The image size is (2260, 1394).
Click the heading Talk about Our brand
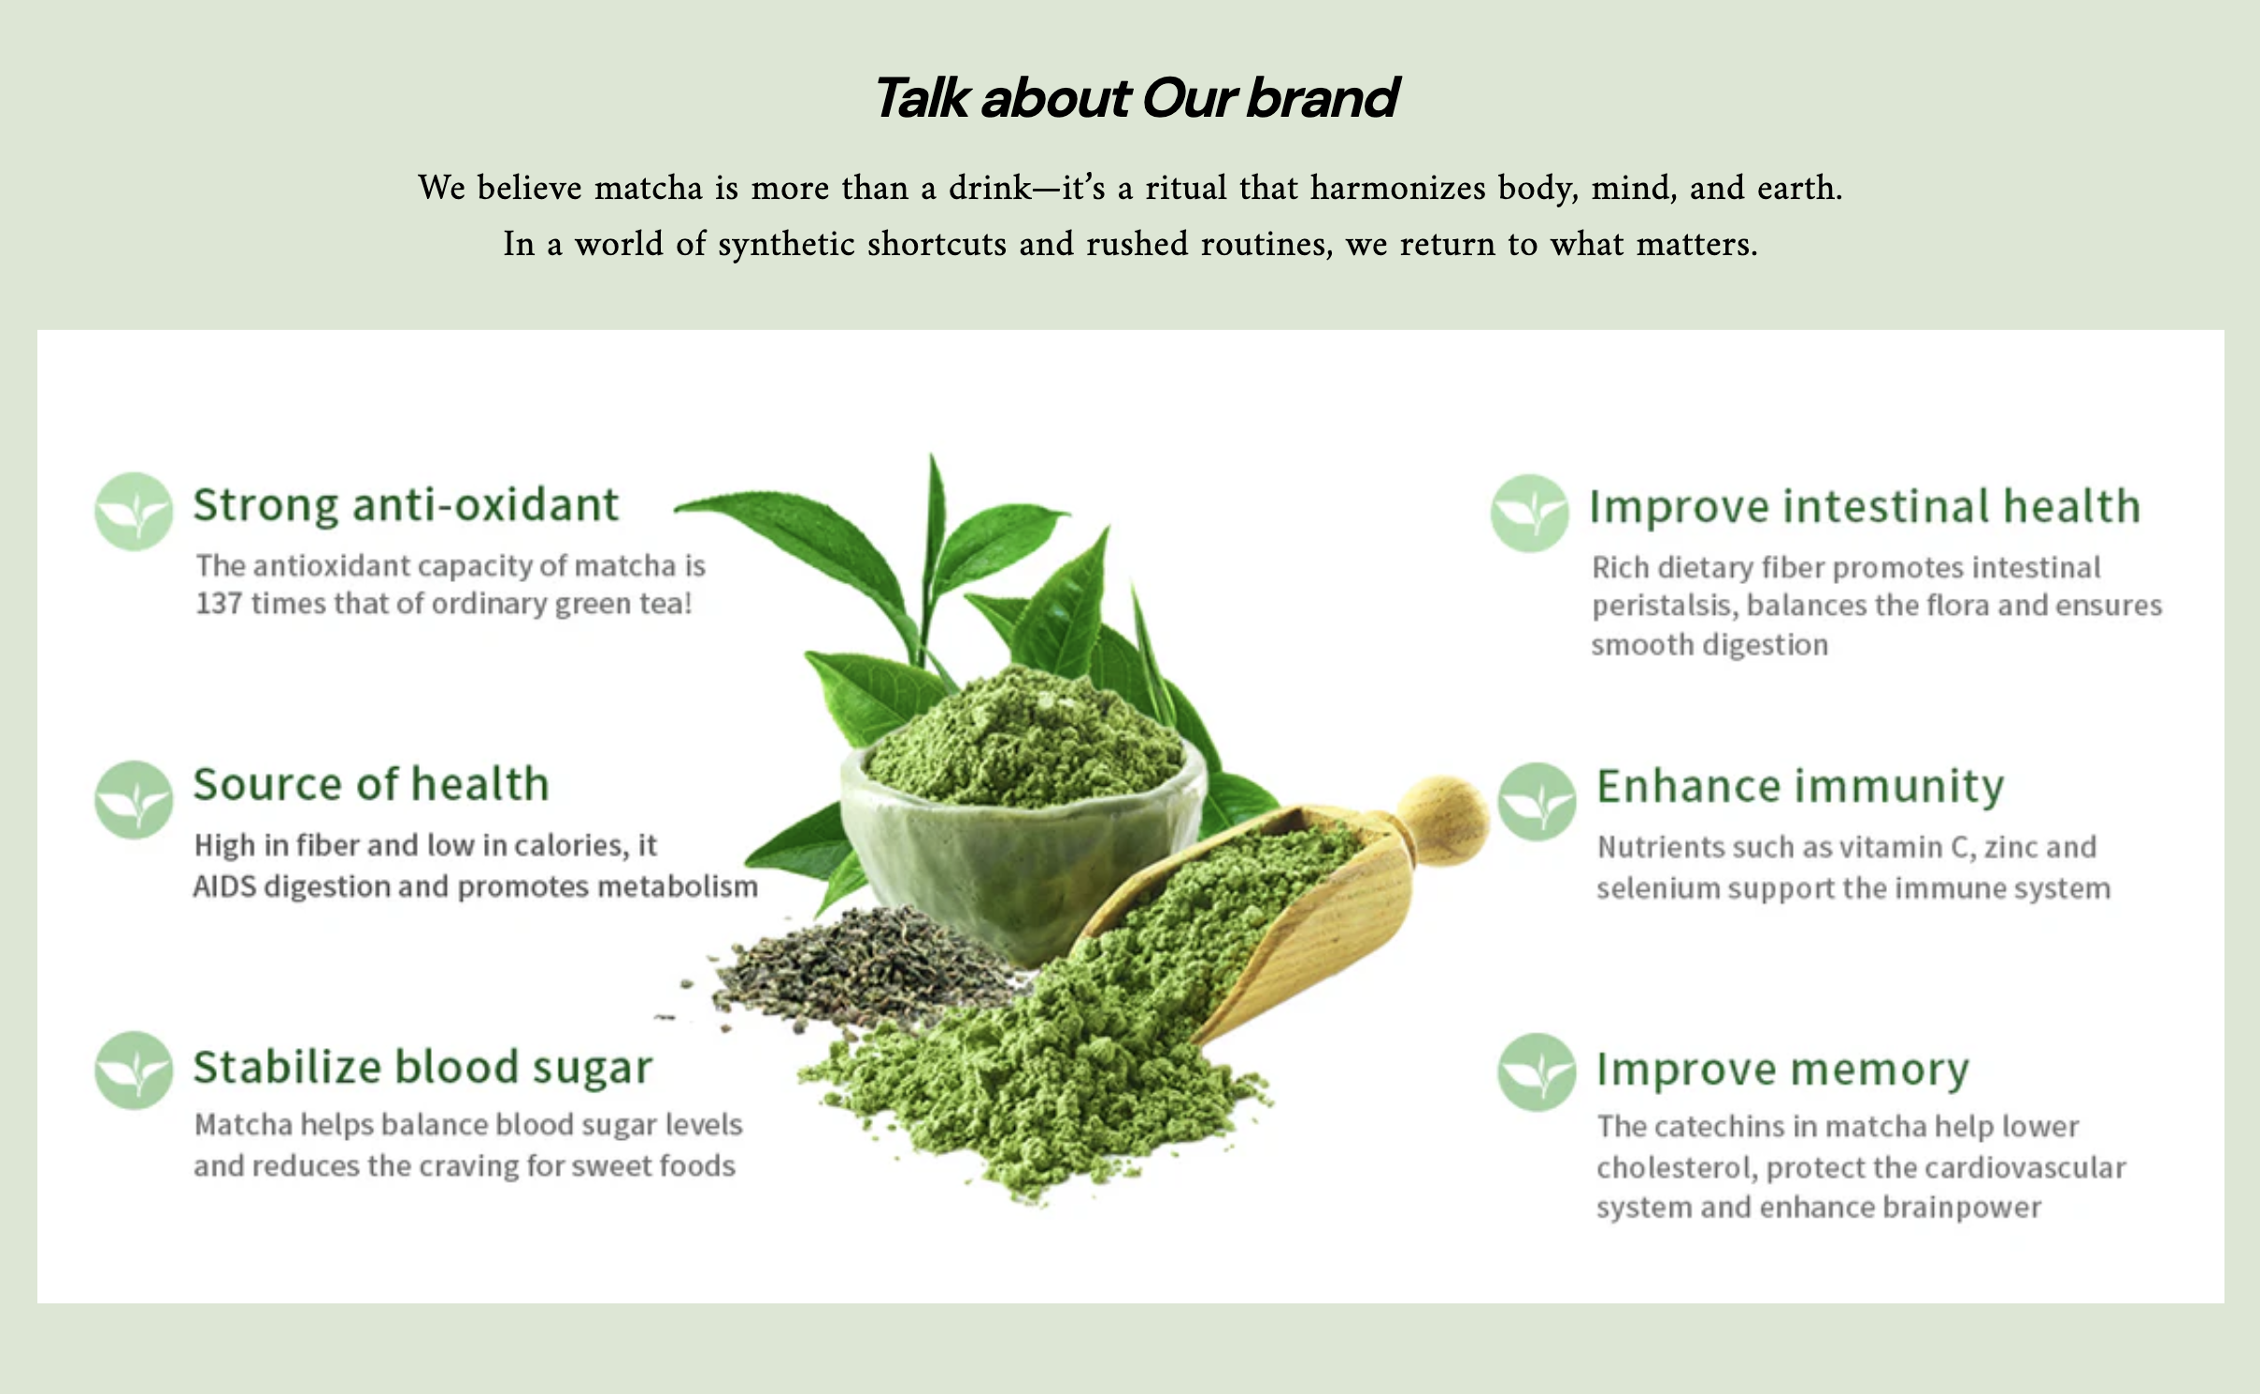tap(1135, 98)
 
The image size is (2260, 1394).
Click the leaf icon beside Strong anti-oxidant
tap(134, 511)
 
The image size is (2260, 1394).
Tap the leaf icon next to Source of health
tap(134, 799)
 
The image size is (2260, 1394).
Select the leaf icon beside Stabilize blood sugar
tap(134, 1071)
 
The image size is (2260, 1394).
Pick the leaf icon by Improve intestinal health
tap(1529, 513)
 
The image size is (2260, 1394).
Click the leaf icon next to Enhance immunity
tap(1537, 802)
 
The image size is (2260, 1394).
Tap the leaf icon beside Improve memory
tap(1537, 1073)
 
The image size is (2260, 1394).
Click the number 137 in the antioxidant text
tap(219, 605)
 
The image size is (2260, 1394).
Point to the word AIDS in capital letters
tap(224, 887)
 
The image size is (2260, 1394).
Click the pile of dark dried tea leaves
tap(860, 972)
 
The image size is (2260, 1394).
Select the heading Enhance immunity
tap(1799, 787)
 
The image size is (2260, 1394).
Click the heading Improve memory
tap(1782, 1070)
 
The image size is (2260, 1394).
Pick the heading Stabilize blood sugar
tap(422, 1068)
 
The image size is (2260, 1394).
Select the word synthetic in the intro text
tap(786, 244)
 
